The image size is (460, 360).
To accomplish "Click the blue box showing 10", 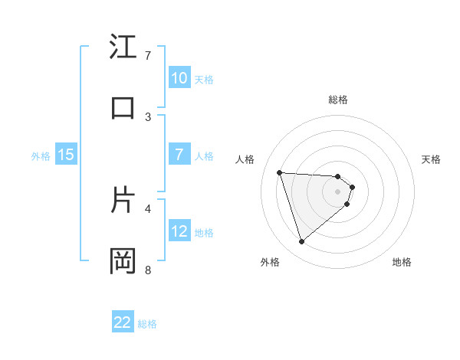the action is (179, 78).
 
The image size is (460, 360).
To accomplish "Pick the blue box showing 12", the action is (179, 231).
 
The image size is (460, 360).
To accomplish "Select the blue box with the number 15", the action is (66, 155).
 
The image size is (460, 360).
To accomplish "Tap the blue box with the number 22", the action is (123, 322).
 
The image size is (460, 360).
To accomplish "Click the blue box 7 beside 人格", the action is (179, 155).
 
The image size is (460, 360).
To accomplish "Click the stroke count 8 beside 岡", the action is (148, 270).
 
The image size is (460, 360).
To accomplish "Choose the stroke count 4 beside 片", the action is (148, 208).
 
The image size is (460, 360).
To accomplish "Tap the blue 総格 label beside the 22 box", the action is (147, 324).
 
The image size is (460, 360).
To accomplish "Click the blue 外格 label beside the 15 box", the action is (41, 155).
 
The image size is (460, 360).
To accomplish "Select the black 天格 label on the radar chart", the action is (431, 159).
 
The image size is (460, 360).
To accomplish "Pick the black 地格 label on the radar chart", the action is (402, 263).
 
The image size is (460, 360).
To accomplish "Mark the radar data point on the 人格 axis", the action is (280, 172).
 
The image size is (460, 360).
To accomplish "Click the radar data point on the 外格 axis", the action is (301, 242).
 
